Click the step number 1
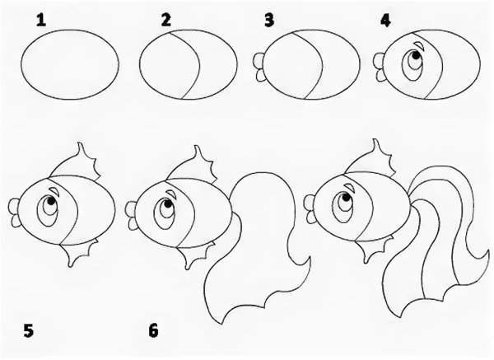click(x=41, y=21)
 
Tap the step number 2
click(x=165, y=20)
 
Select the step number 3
click(x=269, y=21)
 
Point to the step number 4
click(x=385, y=21)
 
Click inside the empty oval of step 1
click(x=70, y=64)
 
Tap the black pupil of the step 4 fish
click(x=416, y=55)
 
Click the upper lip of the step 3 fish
click(x=259, y=60)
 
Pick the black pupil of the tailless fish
click(x=51, y=200)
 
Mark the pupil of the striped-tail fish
click(x=347, y=198)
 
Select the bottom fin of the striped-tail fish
click(x=374, y=247)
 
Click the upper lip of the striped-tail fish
click(x=310, y=202)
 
